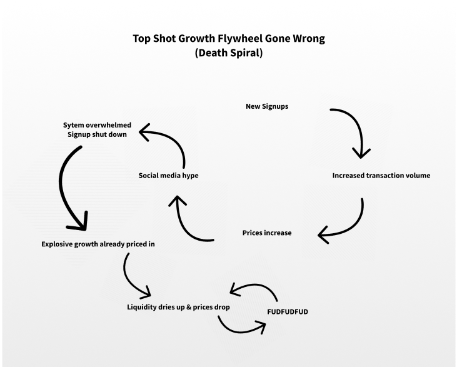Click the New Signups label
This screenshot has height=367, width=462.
pyautogui.click(x=267, y=107)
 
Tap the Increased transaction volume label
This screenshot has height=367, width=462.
pyautogui.click(x=381, y=176)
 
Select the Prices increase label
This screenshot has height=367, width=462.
pyautogui.click(x=267, y=233)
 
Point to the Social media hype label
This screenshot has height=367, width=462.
pyautogui.click(x=168, y=176)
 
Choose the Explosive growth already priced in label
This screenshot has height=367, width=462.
pyautogui.click(x=98, y=244)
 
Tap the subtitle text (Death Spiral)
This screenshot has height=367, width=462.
pyautogui.click(x=229, y=53)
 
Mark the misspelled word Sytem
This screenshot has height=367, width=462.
pyautogui.click(x=74, y=125)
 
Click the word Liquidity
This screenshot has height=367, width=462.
pyautogui.click(x=143, y=308)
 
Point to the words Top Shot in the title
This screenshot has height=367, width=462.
pyautogui.click(x=153, y=39)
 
